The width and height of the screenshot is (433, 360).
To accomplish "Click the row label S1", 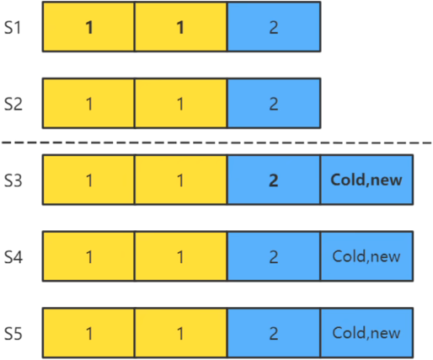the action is pyautogui.click(x=13, y=28).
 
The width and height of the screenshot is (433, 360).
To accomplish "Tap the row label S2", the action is pyautogui.click(x=13, y=104).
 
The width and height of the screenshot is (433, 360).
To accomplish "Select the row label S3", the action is pyautogui.click(x=13, y=180).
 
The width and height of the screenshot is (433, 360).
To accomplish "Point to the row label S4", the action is pyautogui.click(x=13, y=257).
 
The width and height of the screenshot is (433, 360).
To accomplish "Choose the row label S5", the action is pyautogui.click(x=13, y=334).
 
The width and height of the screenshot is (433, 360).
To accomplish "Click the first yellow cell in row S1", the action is pyautogui.click(x=88, y=27).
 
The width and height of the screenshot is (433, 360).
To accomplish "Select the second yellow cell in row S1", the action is pyautogui.click(x=181, y=27).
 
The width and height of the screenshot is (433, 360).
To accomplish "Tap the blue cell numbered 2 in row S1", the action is pyautogui.click(x=274, y=27).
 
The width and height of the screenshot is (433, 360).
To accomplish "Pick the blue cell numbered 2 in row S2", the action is pyautogui.click(x=274, y=103).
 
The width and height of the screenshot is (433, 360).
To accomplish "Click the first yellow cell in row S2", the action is pyautogui.click(x=88, y=103).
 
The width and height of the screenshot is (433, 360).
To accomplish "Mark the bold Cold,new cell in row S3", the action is pyautogui.click(x=366, y=180).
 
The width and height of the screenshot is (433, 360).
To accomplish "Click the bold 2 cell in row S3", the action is pyautogui.click(x=274, y=180).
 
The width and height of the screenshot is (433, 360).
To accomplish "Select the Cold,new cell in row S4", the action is pyautogui.click(x=366, y=256).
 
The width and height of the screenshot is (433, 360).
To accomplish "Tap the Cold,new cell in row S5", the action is pyautogui.click(x=366, y=333).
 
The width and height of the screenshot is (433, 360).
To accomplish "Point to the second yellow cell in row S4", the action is pyautogui.click(x=181, y=256).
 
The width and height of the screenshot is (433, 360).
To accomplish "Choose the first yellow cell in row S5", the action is pyautogui.click(x=88, y=333).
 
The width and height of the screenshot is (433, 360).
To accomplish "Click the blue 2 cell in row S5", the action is pyautogui.click(x=274, y=333).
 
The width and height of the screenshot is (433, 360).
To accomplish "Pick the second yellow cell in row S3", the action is pyautogui.click(x=181, y=180).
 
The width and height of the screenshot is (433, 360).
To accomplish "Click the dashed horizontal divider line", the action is pyautogui.click(x=216, y=143).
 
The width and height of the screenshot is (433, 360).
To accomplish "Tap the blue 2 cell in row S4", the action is pyautogui.click(x=274, y=256).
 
